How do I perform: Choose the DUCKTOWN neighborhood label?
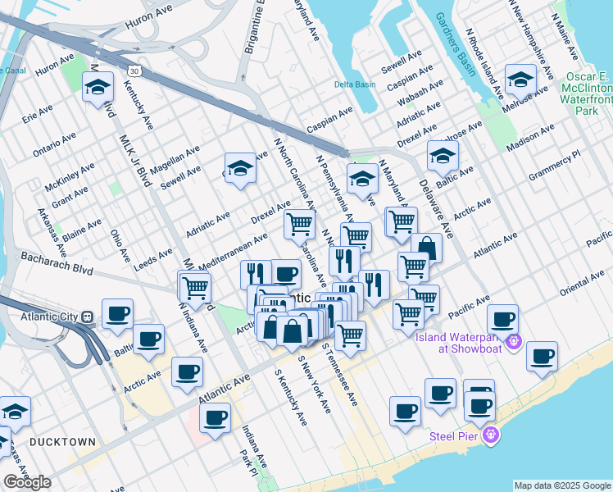pos(62,441)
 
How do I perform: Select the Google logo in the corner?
pos(27,482)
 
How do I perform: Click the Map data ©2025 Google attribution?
pos(561,485)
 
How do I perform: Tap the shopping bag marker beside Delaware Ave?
pos(427,247)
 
